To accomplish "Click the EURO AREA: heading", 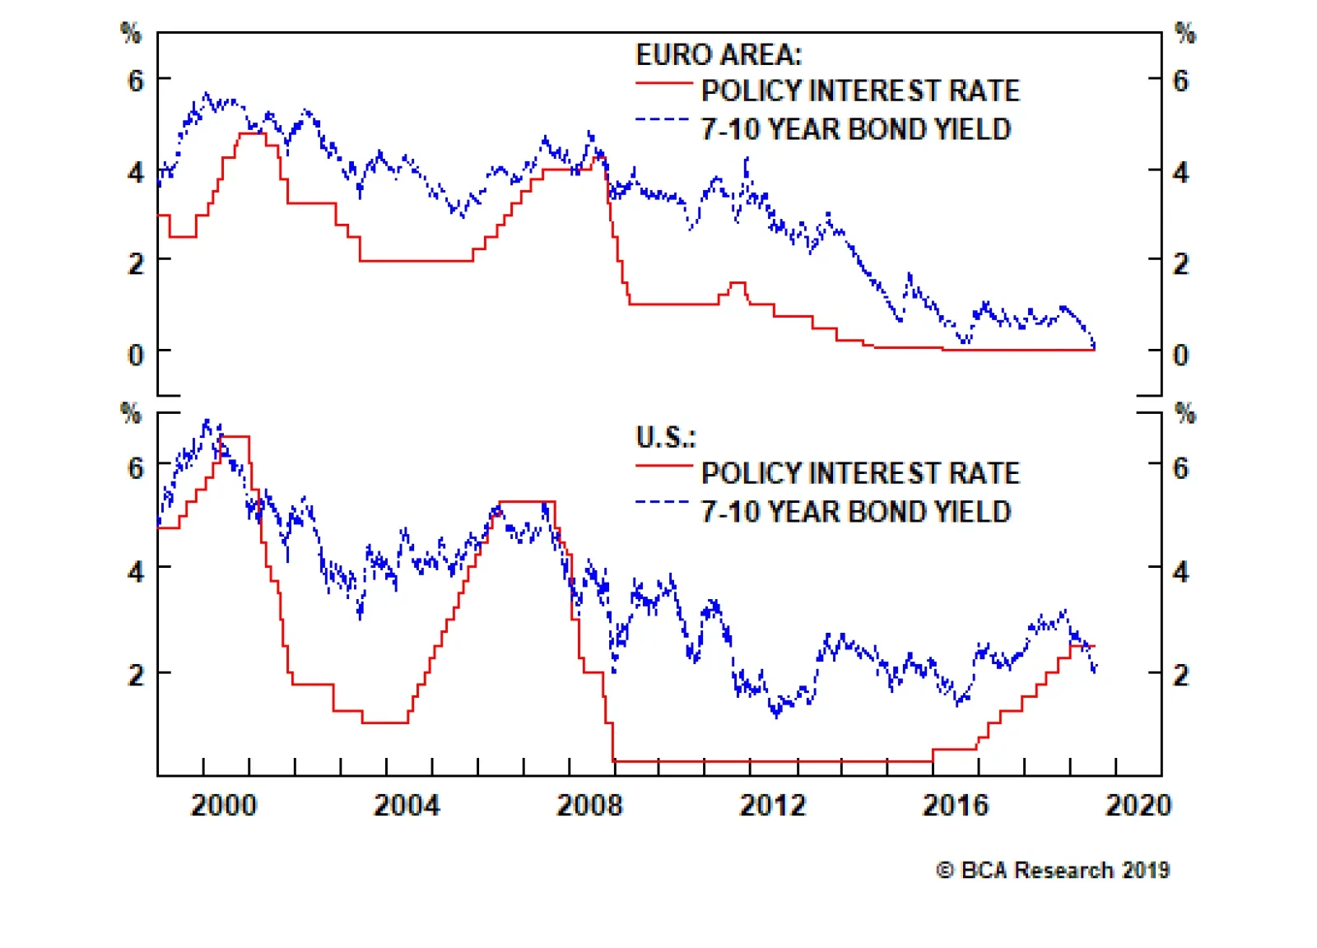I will (x=718, y=54).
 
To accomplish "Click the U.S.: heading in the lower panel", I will (x=665, y=437).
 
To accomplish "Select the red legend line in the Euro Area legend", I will (x=663, y=83).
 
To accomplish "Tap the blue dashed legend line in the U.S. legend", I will (x=663, y=503).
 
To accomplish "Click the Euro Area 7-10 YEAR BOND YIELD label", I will (x=855, y=129).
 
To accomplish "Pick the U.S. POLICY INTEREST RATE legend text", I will (x=860, y=473).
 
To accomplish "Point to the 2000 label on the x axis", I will (x=224, y=805).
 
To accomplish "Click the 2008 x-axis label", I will (x=589, y=805).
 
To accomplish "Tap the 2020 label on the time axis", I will (x=1138, y=805).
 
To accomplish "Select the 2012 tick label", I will (x=772, y=805).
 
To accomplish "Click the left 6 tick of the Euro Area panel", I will (x=136, y=81).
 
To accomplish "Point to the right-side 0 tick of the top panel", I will (x=1180, y=355).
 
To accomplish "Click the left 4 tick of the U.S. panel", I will (x=136, y=570).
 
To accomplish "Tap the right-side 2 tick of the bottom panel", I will (x=1180, y=675).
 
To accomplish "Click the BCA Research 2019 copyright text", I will (x=1053, y=870).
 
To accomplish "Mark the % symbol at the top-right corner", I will (x=1184, y=33).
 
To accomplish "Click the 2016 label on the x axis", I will (x=955, y=805).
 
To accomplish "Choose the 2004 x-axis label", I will (x=407, y=805).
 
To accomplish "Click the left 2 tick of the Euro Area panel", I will (x=136, y=263).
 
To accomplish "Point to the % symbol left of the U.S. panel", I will (x=131, y=412).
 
